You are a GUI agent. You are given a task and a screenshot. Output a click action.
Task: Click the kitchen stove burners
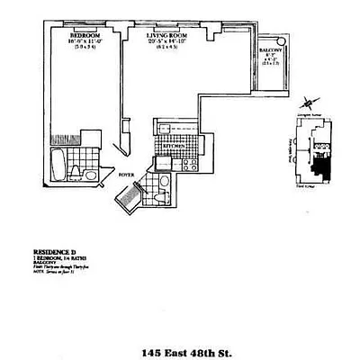coord(190,165)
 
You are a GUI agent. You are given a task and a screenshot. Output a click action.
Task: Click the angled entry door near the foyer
coord(128,195)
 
